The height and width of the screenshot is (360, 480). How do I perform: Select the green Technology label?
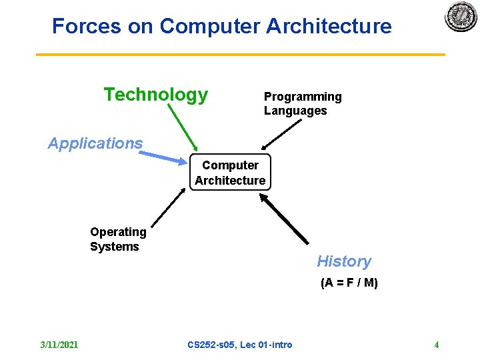click(x=155, y=95)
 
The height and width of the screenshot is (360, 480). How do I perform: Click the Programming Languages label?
click(x=302, y=103)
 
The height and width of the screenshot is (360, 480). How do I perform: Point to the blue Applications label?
click(x=95, y=143)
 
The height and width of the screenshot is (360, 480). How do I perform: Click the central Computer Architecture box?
click(x=230, y=173)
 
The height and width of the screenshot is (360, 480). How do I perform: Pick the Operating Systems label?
click(x=118, y=239)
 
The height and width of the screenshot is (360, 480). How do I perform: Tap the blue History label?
click(x=343, y=261)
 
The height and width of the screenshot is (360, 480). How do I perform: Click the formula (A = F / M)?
click(x=349, y=283)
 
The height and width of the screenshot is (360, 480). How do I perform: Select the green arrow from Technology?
click(x=183, y=126)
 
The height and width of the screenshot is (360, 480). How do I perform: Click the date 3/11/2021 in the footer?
click(x=59, y=345)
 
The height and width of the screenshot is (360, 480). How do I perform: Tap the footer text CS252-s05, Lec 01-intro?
click(x=239, y=345)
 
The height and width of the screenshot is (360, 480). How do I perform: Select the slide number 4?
click(x=436, y=345)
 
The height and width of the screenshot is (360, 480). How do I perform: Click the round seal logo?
click(x=461, y=17)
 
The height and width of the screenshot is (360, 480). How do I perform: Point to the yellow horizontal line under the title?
click(x=240, y=55)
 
